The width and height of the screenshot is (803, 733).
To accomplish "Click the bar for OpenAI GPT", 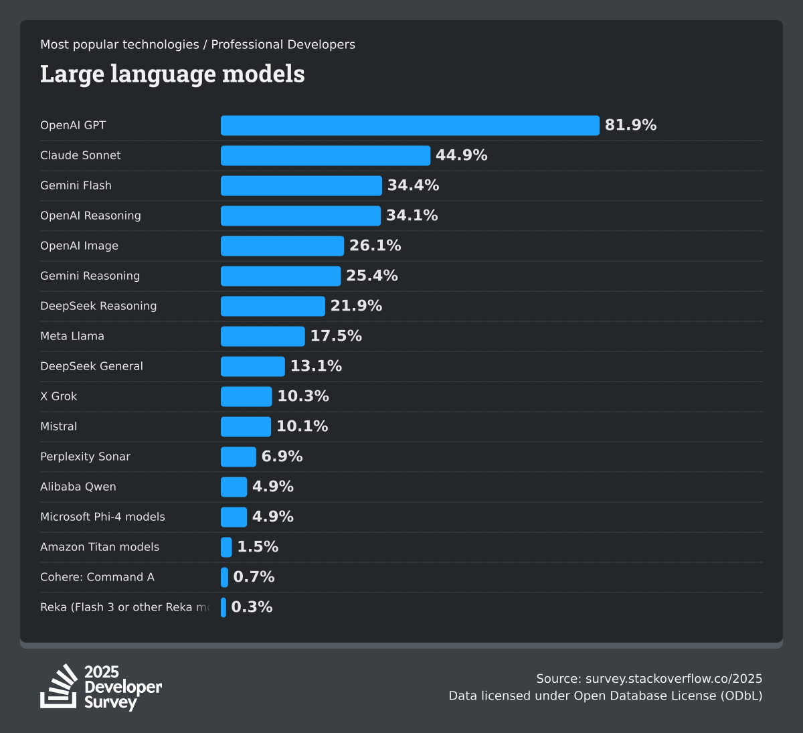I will click(x=410, y=125).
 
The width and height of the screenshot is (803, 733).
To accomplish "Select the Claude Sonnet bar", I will click(x=325, y=155).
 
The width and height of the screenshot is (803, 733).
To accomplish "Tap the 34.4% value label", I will click(x=413, y=185).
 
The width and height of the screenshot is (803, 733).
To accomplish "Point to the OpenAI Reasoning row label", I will click(x=90, y=216).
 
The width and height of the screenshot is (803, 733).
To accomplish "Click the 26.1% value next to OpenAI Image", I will click(x=375, y=246).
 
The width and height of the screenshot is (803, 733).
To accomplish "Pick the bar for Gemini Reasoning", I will click(x=280, y=276).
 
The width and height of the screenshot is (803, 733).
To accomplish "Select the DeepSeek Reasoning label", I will click(x=98, y=306).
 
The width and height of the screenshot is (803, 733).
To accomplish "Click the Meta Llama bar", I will click(x=262, y=336).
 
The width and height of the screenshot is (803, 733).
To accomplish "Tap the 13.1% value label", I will click(x=316, y=366).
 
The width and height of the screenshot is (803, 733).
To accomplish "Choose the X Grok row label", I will click(x=59, y=396).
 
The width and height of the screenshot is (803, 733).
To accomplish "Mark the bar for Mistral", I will click(x=246, y=426).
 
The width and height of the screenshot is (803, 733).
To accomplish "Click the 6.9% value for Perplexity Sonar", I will click(x=282, y=457).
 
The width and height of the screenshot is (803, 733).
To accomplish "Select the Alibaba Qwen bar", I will click(x=234, y=487).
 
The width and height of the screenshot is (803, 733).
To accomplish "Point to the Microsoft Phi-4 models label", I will click(x=102, y=517).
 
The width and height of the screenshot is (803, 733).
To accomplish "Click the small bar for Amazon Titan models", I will click(x=226, y=547).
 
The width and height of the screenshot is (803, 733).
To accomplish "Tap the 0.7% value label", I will click(x=254, y=577).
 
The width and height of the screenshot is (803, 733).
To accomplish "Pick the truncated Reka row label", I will click(x=124, y=607).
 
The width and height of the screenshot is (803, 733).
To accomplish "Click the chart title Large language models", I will click(x=172, y=74).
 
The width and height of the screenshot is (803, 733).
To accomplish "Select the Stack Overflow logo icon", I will click(x=59, y=686).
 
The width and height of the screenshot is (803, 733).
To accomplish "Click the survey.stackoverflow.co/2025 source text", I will click(x=674, y=679).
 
